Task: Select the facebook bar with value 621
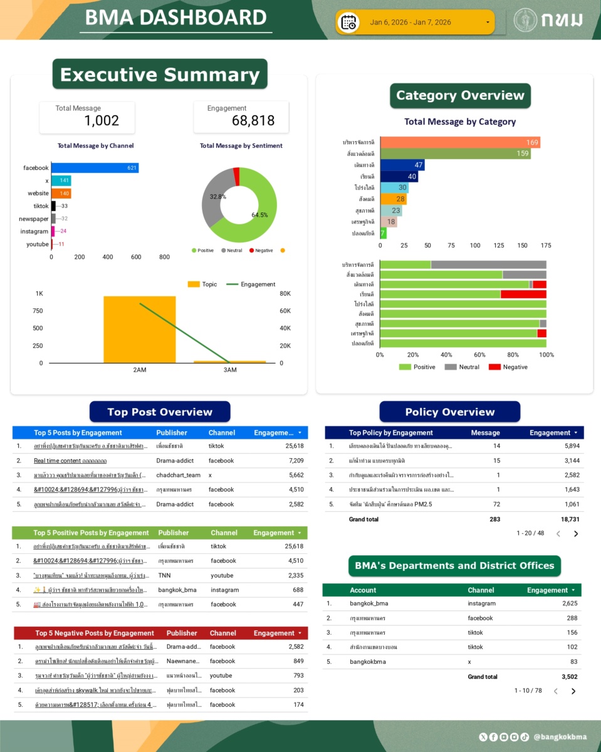tap(95, 168)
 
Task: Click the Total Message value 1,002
tap(102, 121)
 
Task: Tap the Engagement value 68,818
tap(253, 121)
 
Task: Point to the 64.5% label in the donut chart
tap(259, 215)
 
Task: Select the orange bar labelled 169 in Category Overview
tap(460, 143)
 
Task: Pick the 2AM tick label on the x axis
tap(140, 370)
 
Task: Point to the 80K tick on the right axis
tap(286, 294)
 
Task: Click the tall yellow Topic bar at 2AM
tap(140, 329)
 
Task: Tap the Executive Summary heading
tap(160, 75)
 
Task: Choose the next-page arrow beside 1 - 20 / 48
tap(576, 534)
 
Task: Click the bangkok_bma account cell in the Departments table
tap(368, 604)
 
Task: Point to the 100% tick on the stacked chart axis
tap(546, 355)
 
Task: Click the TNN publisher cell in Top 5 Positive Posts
tap(164, 576)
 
